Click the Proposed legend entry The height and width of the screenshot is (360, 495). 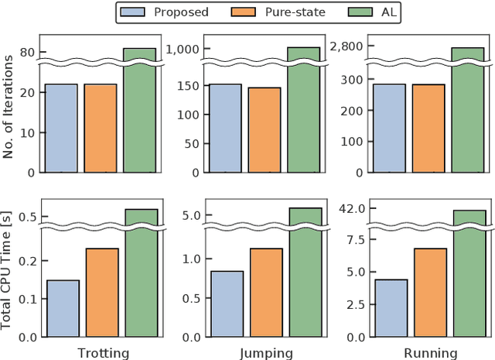pos(166,12)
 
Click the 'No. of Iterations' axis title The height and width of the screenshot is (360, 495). pos(9,109)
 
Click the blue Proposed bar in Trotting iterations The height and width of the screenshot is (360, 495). pos(61,128)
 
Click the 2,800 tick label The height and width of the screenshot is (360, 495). pos(345,46)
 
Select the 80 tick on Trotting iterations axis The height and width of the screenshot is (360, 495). pos(28,53)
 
